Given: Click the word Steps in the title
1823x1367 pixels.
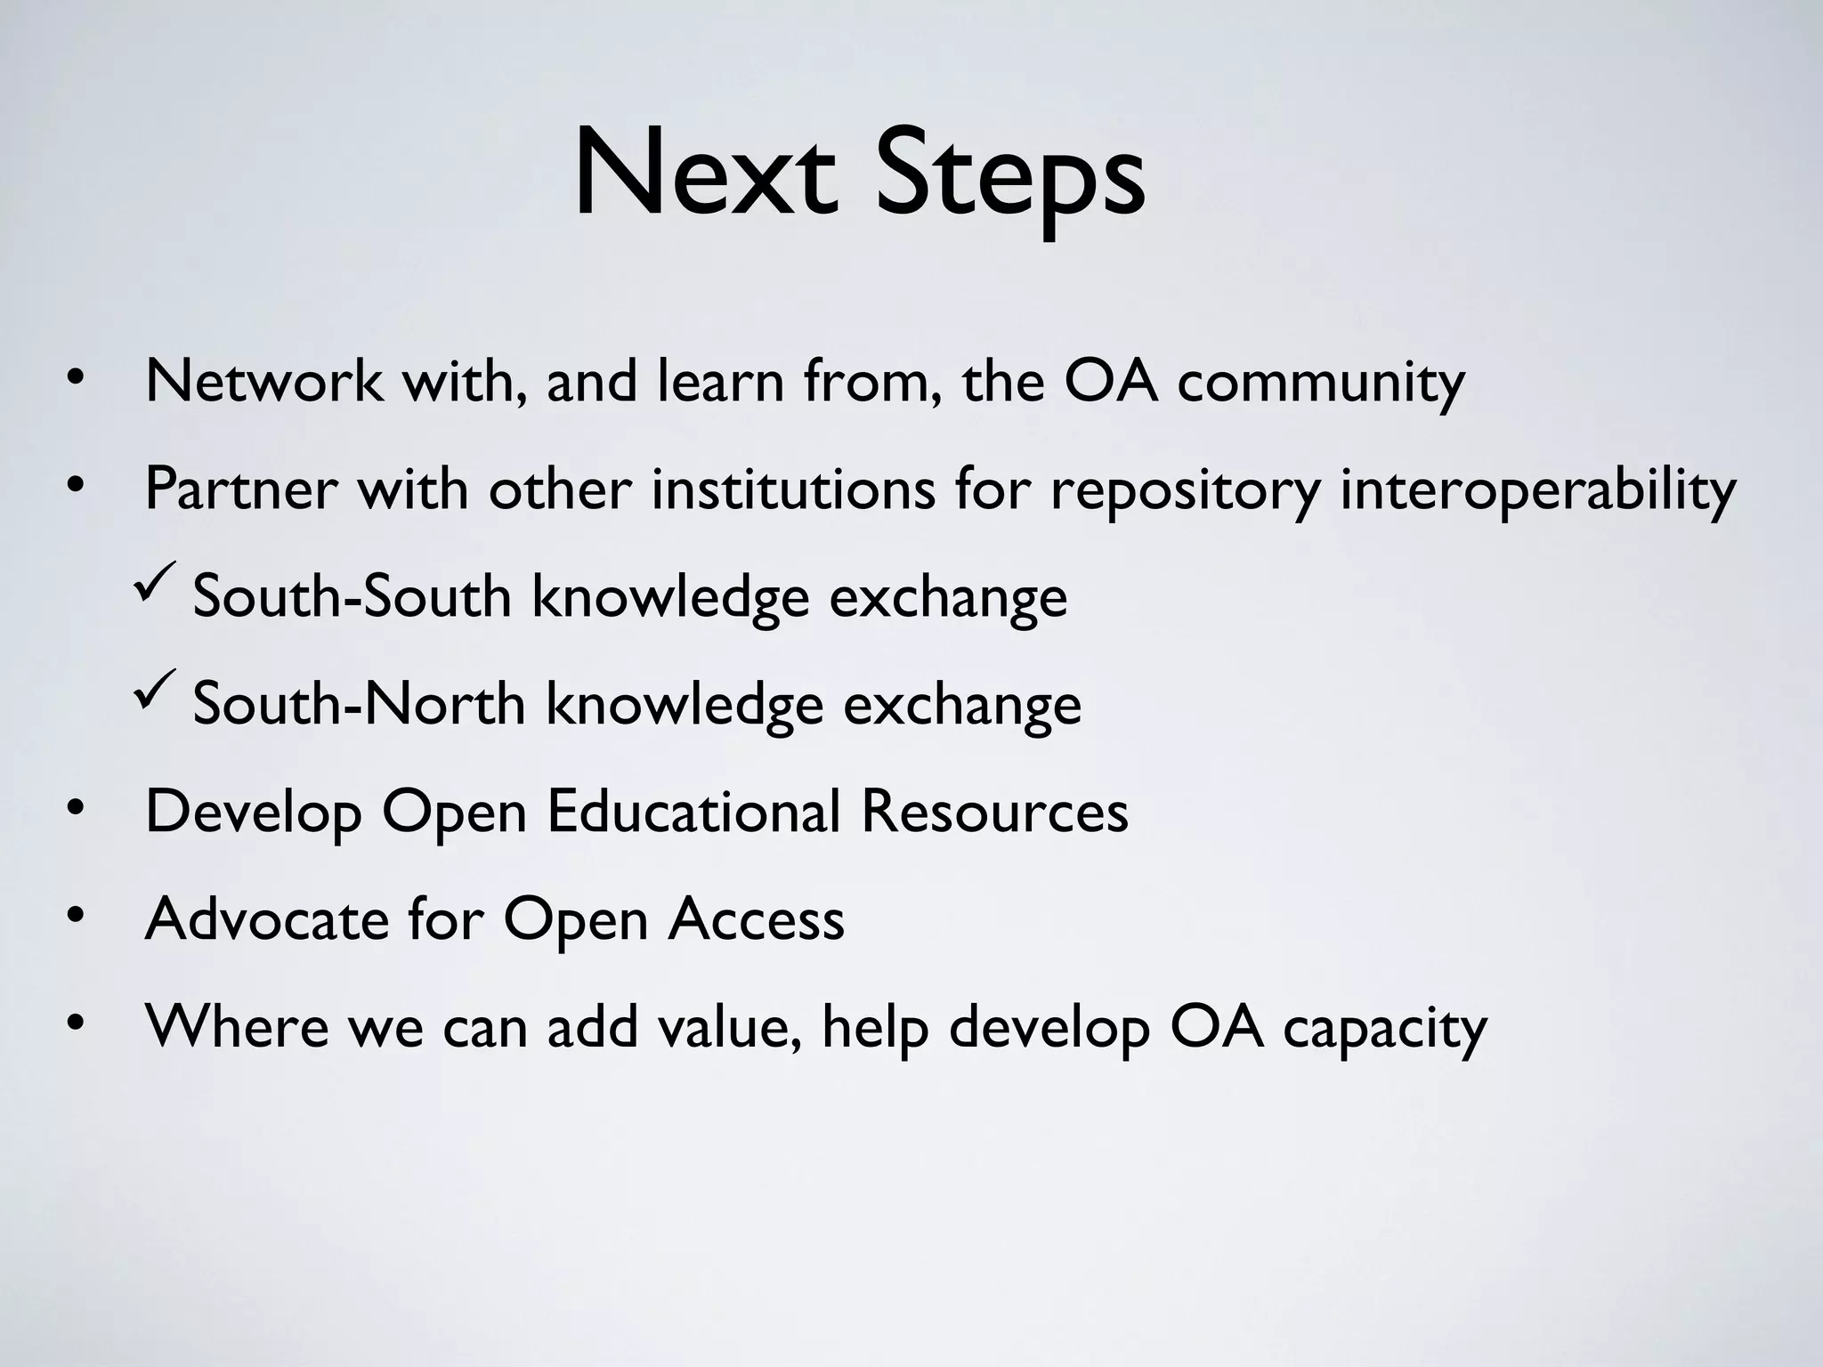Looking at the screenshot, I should click(x=1009, y=178).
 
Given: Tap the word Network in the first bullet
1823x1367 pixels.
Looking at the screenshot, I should click(x=263, y=382).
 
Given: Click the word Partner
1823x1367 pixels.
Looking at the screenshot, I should click(x=241, y=489).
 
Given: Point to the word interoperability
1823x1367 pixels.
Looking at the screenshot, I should click(x=1537, y=491).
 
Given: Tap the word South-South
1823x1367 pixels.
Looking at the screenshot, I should click(x=352, y=596).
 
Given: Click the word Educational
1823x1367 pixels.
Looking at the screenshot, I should click(x=693, y=812).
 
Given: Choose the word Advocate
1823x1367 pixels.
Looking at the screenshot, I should click(x=267, y=919).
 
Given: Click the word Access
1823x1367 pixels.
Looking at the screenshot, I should click(x=756, y=919).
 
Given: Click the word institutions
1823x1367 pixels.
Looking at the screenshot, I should click(x=793, y=489).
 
